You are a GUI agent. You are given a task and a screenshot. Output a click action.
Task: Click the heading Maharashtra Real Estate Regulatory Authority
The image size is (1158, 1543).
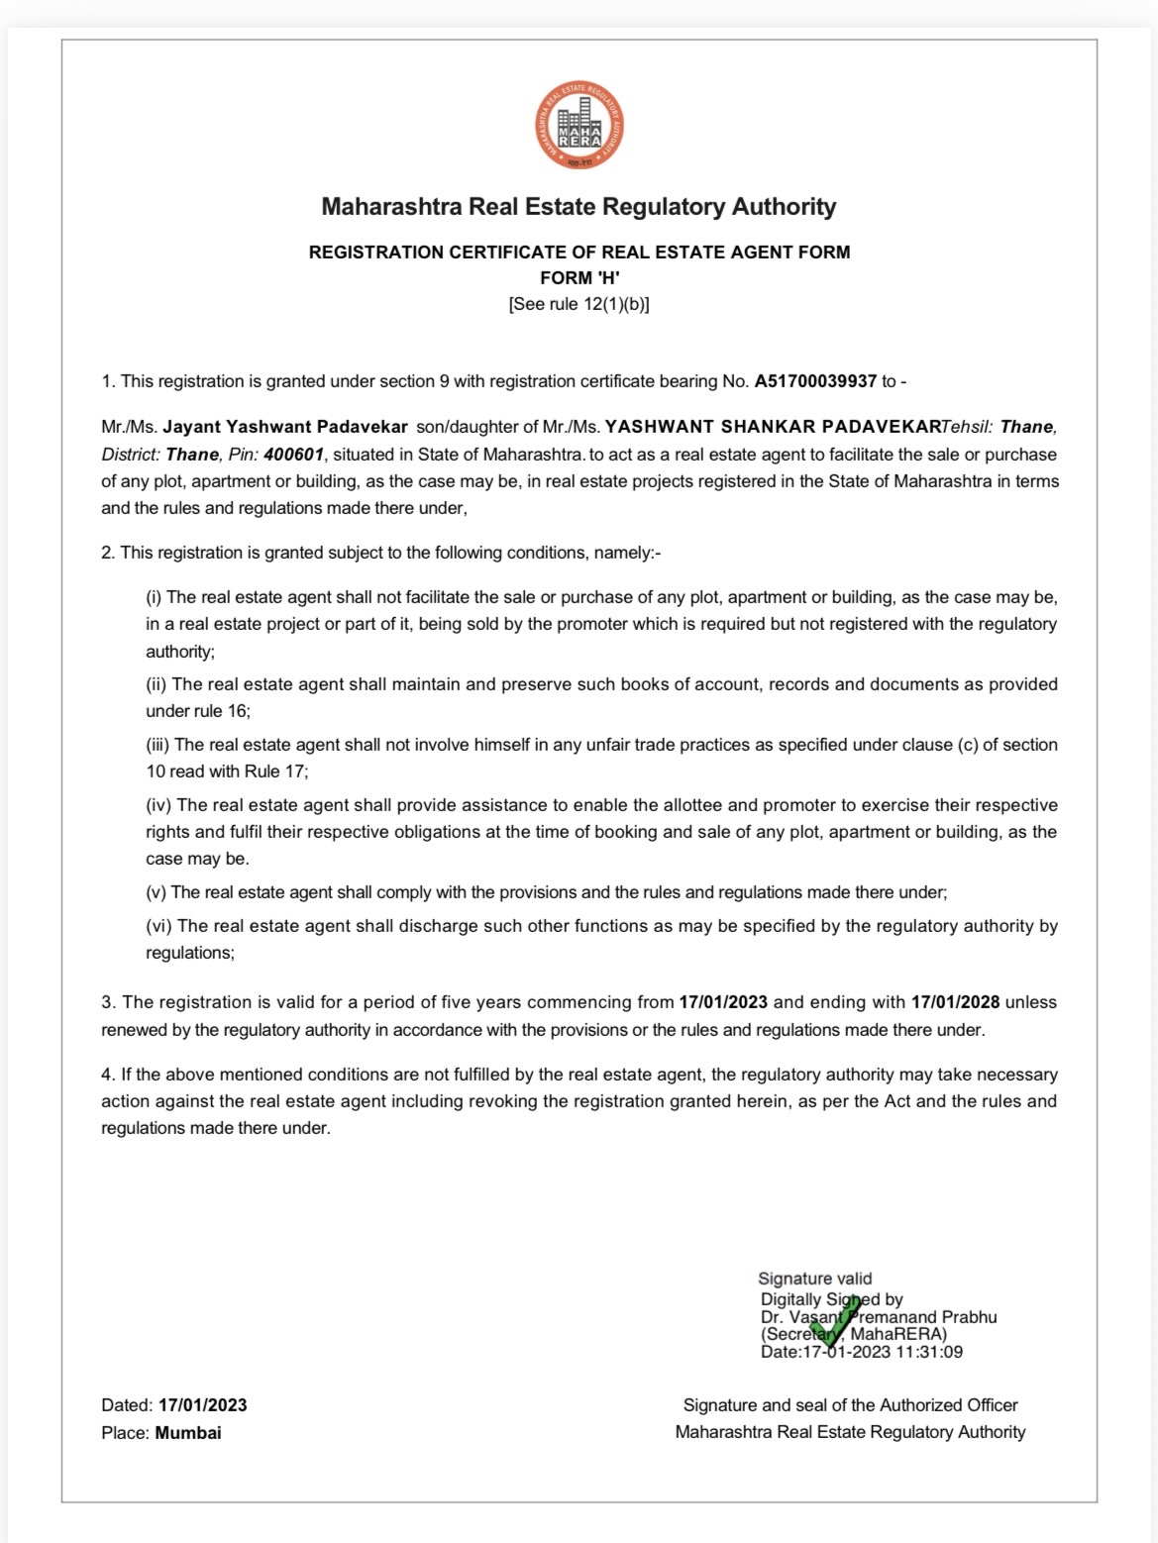tap(579, 207)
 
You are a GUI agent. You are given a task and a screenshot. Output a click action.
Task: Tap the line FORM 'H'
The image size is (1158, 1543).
tap(579, 278)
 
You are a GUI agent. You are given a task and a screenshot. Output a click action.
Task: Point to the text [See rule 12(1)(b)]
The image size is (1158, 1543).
tap(579, 304)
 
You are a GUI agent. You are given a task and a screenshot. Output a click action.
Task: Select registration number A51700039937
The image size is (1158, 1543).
tap(816, 381)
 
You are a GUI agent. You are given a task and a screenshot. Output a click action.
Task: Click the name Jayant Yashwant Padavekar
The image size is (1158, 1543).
tap(285, 427)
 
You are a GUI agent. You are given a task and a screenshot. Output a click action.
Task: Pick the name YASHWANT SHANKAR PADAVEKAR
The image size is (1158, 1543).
tap(772, 427)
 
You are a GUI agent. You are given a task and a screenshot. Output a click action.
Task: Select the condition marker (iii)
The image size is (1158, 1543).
tap(158, 745)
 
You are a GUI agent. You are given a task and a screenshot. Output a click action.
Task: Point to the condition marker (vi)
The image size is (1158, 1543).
tap(158, 926)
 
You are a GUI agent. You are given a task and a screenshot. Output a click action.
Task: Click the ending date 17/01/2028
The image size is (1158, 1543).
tap(955, 1002)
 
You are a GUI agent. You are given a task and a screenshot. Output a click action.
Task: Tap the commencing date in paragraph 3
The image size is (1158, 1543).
tap(723, 1002)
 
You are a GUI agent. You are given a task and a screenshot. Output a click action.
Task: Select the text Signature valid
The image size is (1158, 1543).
tap(815, 1279)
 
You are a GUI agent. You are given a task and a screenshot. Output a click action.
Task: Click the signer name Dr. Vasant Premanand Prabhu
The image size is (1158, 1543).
tap(879, 1317)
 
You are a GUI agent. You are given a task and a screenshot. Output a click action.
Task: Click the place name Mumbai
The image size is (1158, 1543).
tap(188, 1432)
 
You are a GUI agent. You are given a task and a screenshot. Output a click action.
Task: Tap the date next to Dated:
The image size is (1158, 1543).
tap(202, 1405)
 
